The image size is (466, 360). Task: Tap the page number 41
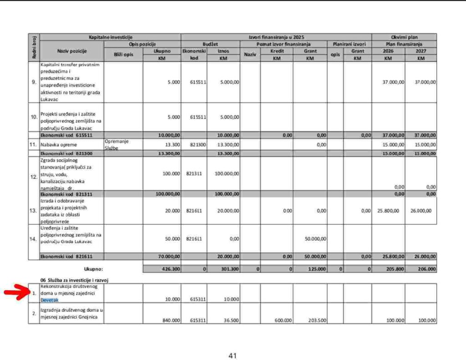pyautogui.click(x=233, y=356)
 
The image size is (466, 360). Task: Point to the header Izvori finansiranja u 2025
pyautogui.click(x=276, y=37)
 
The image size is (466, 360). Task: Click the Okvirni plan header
pyautogui.click(x=404, y=37)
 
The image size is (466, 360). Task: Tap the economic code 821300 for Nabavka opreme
pyautogui.click(x=194, y=145)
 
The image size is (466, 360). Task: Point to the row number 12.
pyautogui.click(x=34, y=177)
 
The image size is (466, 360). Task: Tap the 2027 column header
pyautogui.click(x=420, y=51)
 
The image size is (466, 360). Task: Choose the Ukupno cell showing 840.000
pyautogui.click(x=171, y=320)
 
